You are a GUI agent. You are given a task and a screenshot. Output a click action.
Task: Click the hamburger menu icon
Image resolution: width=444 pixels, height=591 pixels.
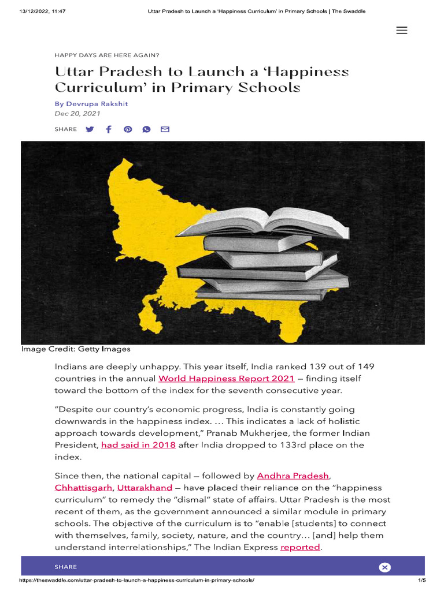tap(402, 31)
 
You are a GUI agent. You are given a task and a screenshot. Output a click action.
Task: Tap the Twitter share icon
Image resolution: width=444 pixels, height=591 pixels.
tap(90, 129)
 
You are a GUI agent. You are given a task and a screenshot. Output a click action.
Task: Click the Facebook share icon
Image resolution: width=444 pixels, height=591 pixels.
tap(109, 129)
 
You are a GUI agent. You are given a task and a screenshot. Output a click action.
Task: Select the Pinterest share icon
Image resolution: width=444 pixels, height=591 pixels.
tap(128, 129)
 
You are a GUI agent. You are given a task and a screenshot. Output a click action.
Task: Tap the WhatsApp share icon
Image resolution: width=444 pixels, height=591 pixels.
tap(146, 129)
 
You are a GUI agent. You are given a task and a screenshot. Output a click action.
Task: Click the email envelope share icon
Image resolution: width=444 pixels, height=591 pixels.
tap(165, 129)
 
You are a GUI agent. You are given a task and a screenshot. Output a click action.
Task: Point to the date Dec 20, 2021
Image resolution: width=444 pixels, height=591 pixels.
tap(77, 114)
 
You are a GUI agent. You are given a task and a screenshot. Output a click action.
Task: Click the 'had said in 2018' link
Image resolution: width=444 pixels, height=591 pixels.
tap(138, 445)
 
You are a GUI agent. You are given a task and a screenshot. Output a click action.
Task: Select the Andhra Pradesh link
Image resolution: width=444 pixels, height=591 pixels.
tap(293, 476)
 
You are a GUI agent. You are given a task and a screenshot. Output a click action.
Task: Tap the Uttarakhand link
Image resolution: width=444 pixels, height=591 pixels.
tap(145, 488)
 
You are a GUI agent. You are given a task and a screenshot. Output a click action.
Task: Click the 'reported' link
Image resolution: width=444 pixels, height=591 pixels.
tap(300, 547)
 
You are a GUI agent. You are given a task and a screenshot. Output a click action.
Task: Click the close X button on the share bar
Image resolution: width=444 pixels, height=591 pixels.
tap(385, 567)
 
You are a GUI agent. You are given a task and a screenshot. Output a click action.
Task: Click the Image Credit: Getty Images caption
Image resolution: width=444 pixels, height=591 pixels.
tap(76, 349)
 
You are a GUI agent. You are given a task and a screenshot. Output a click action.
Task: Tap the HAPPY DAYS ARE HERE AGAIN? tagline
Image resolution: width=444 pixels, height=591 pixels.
tap(107, 55)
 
